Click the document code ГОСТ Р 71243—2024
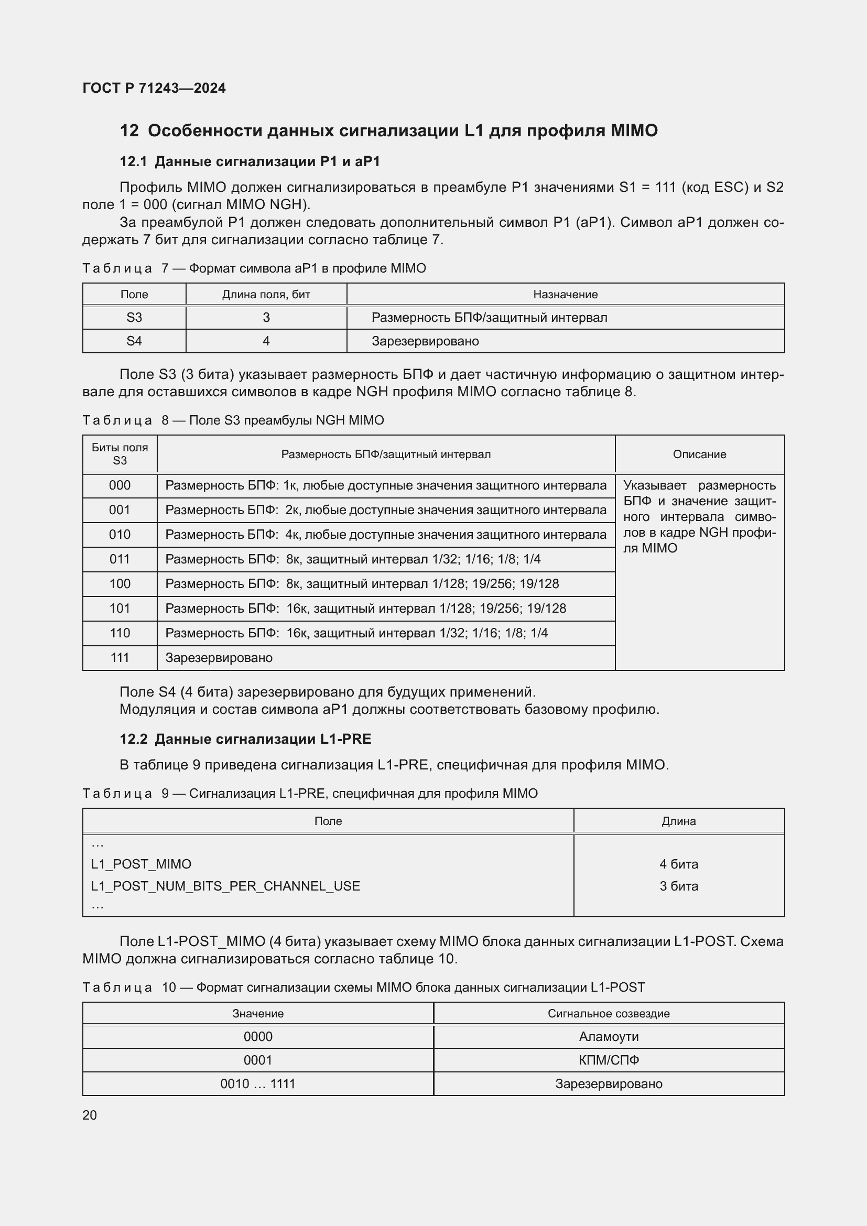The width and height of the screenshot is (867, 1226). click(154, 88)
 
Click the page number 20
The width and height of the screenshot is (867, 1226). click(90, 1115)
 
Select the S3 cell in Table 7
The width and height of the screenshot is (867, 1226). click(134, 318)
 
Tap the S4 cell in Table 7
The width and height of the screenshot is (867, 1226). click(134, 341)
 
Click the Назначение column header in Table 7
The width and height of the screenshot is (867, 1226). click(565, 294)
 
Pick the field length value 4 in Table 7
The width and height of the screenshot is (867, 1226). click(266, 341)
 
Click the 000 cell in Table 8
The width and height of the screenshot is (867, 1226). click(120, 485)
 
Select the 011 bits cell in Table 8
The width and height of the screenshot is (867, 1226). click(120, 559)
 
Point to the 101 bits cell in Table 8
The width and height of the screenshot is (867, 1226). click(120, 608)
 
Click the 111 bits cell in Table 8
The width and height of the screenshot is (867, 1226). click(120, 658)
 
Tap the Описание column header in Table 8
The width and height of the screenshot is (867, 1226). click(699, 454)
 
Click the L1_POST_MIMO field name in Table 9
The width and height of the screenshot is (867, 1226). click(141, 864)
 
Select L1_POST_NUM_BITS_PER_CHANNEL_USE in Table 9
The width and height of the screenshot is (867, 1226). click(225, 886)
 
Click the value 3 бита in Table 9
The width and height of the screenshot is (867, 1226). click(678, 886)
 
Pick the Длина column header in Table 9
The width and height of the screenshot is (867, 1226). click(678, 821)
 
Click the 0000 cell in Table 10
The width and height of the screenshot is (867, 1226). click(258, 1036)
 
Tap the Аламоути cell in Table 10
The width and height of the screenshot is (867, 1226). click(609, 1036)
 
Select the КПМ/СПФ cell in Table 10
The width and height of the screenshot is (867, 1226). click(609, 1060)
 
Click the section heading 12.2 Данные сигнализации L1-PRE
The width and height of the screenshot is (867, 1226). click(245, 739)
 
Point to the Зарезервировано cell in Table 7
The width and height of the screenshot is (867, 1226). click(425, 341)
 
